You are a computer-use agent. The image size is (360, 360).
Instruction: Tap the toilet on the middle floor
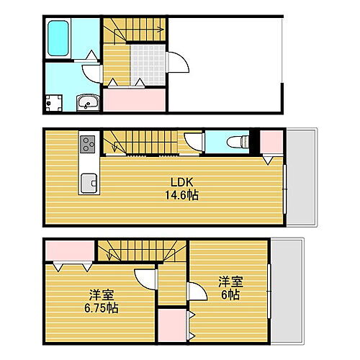pos(231,142)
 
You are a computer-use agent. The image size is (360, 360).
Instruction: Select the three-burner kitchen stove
pos(88,144)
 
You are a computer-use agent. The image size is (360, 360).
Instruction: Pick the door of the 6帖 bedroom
pos(193,294)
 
